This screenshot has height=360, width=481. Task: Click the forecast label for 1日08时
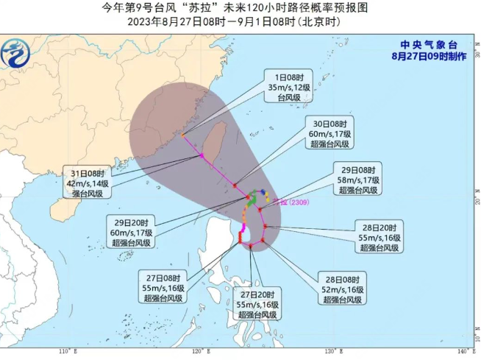pyautogui.click(x=284, y=87)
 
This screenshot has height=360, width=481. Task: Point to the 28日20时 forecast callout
pyautogui.click(x=380, y=238)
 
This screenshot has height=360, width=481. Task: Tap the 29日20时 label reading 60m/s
pyautogui.click(x=132, y=233)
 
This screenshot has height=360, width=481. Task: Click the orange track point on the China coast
pyautogui.click(x=183, y=135)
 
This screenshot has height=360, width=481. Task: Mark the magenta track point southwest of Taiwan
pyautogui.click(x=201, y=155)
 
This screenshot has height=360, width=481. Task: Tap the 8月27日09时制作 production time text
pyautogui.click(x=429, y=56)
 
